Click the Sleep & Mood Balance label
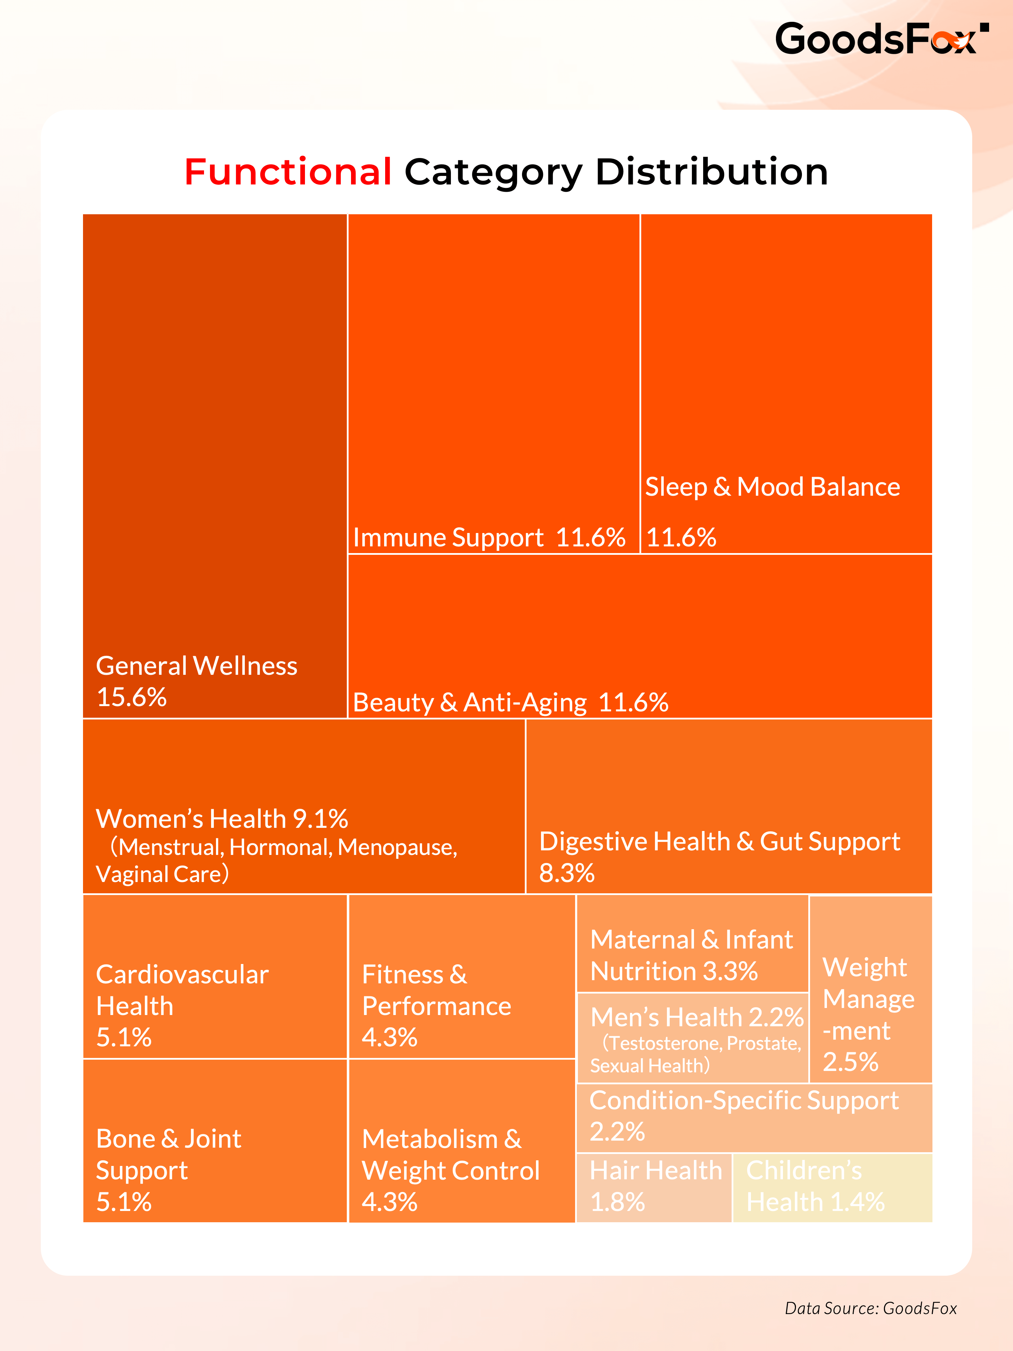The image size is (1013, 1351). (772, 487)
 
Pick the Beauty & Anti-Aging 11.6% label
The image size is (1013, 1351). (510, 702)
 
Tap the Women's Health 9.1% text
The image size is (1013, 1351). (222, 818)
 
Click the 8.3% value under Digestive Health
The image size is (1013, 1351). (566, 873)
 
